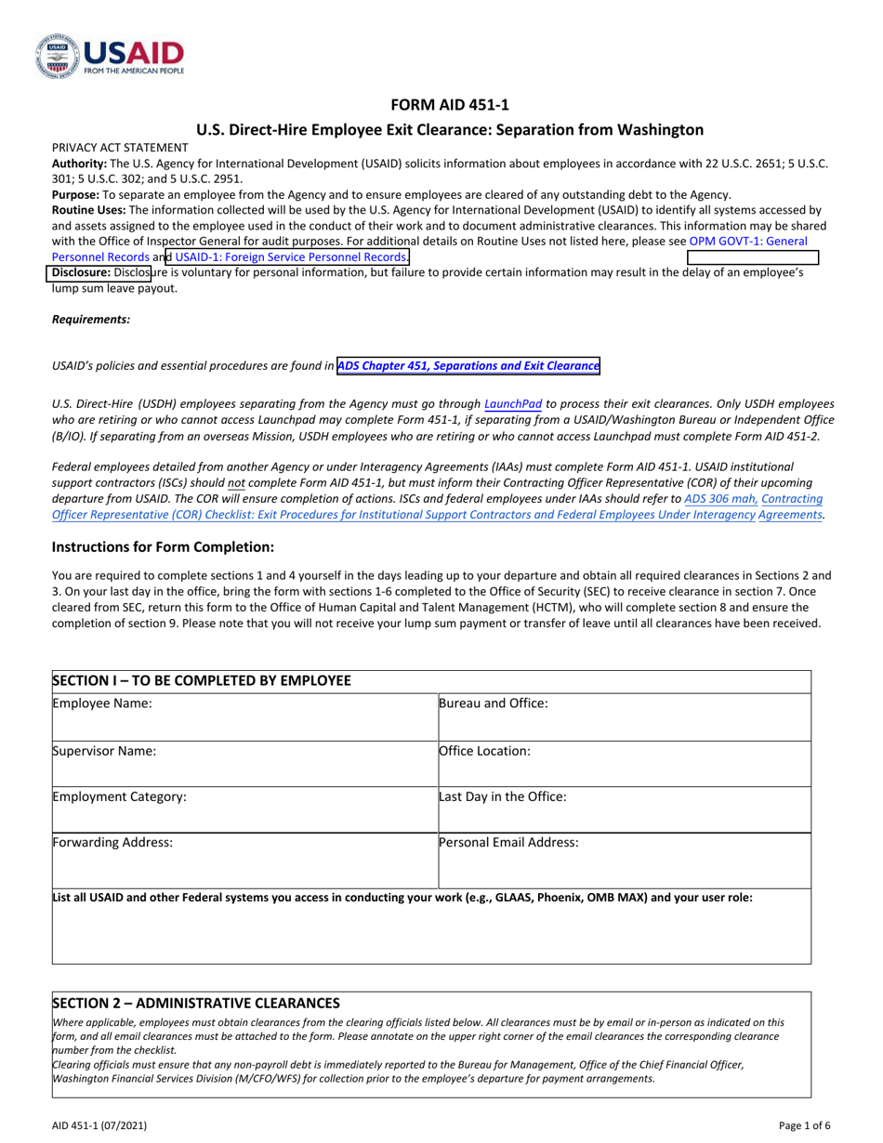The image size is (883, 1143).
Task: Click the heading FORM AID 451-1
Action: tap(441, 105)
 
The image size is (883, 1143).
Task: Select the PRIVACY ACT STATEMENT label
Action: tap(120, 148)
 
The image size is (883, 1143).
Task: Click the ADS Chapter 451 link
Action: tap(468, 366)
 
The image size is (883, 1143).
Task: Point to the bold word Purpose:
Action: tap(75, 194)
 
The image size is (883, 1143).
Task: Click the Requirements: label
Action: tap(91, 319)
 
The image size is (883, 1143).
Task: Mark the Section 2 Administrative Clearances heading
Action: tap(196, 1002)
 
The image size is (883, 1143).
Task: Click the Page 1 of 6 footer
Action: tap(805, 1126)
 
